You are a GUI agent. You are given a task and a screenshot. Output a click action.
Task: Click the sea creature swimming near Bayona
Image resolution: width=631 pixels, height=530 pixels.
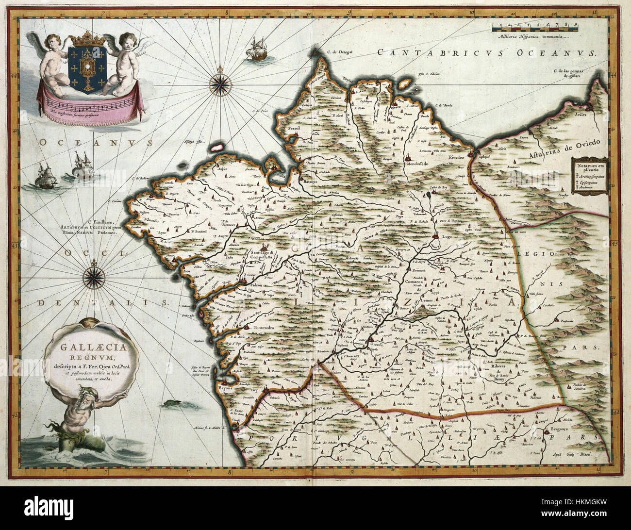[170, 403]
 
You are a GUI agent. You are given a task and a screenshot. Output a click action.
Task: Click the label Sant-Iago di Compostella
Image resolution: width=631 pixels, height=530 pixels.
[262, 255]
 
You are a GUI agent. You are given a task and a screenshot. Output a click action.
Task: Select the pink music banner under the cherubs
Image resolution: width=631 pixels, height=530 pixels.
[87, 103]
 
